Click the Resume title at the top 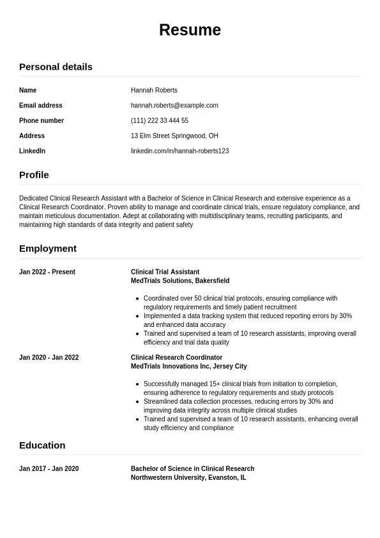pos(190,30)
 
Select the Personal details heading pos(56,67)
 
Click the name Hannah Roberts pos(154,90)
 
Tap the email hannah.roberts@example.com pos(174,106)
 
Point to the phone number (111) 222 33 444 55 pos(160,120)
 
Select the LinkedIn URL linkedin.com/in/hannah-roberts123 pos(179,151)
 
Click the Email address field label pos(41,106)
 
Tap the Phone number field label pos(42,120)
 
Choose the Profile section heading pos(34,175)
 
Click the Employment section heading pos(48,248)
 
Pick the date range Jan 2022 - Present pos(47,272)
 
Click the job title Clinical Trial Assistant pos(165,272)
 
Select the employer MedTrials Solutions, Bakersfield pos(180,281)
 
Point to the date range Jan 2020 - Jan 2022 pos(49,358)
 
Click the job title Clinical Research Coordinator pos(177,358)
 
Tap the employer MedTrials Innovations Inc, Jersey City pos(189,367)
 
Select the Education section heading pos(42,445)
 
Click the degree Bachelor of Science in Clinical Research pos(192,469)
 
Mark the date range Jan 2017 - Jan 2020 pos(49,469)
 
